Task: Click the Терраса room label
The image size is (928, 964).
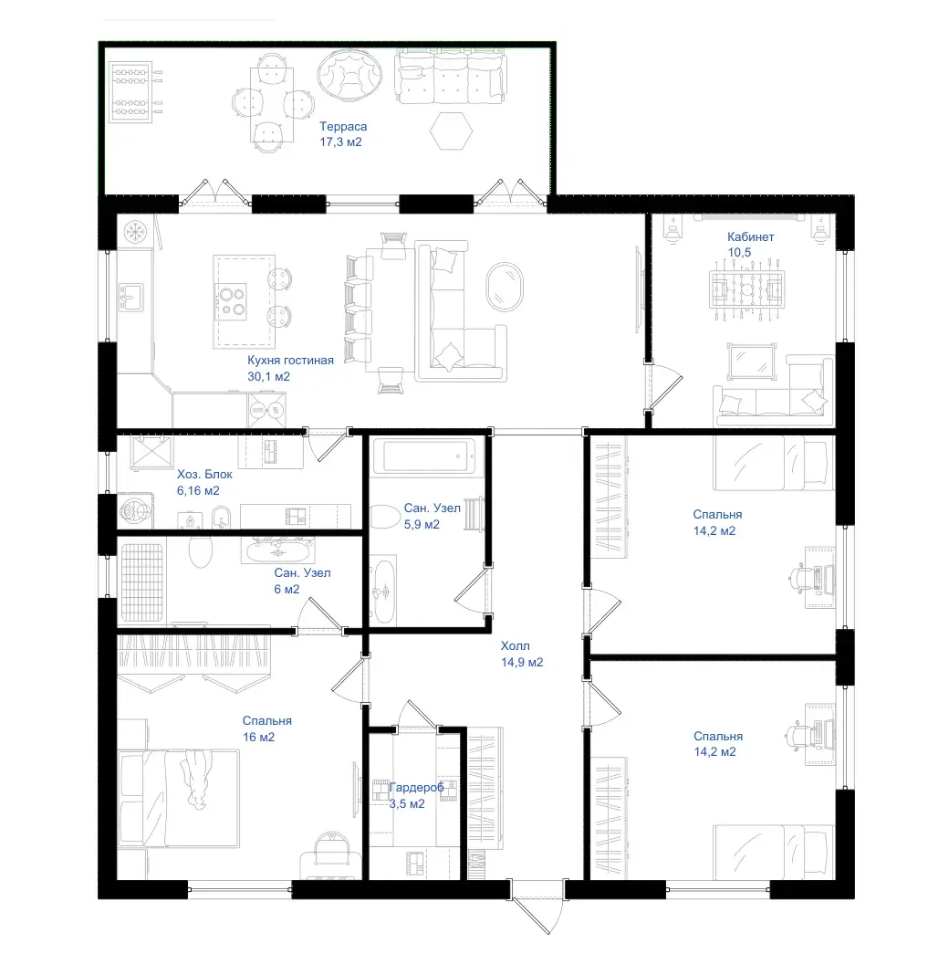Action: click(x=343, y=127)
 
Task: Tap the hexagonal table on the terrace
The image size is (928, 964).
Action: click(x=451, y=131)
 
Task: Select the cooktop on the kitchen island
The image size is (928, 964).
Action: click(x=231, y=301)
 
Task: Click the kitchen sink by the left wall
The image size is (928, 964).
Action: click(x=130, y=298)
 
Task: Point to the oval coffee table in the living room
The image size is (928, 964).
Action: click(x=505, y=288)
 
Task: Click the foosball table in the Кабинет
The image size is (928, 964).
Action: click(x=746, y=289)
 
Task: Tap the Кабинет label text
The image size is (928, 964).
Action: click(x=750, y=236)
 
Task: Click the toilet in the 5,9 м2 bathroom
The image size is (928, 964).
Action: click(x=385, y=517)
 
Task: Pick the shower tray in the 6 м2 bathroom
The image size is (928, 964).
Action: click(x=141, y=582)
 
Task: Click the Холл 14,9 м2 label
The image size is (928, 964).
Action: click(x=522, y=655)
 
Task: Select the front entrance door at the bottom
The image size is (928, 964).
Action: click(x=537, y=906)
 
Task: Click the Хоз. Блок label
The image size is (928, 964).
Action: click(x=204, y=475)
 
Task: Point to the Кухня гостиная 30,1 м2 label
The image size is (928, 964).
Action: click(x=290, y=368)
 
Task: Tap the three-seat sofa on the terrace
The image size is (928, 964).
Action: click(x=451, y=77)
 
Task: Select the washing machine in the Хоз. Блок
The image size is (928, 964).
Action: click(x=134, y=511)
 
